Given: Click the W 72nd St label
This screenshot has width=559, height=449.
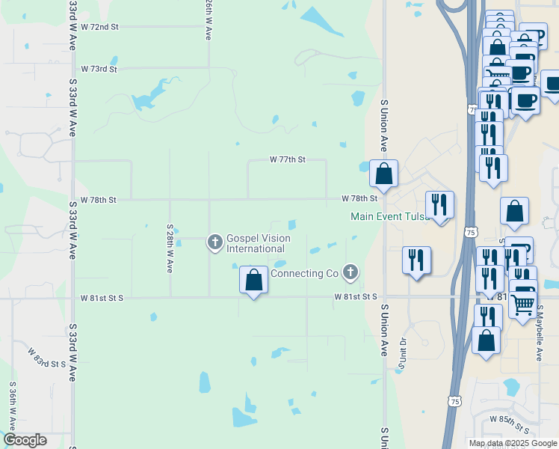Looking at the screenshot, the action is coord(99,27).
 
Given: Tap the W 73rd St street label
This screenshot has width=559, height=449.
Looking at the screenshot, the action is coord(99,69).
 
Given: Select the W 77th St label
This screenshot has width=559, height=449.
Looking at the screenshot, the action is coord(288,159).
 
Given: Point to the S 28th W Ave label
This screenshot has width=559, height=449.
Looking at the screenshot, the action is coord(170,248).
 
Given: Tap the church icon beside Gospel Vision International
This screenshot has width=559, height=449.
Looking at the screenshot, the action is coord(215,242).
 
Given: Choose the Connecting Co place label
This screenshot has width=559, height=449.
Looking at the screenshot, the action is coord(305,274).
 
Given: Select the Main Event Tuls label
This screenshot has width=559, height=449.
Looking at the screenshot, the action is coord(388,217).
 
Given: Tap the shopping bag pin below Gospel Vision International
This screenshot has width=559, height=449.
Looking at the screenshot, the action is coord(254,281).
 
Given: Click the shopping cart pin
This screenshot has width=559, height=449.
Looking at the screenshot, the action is coord(523,304).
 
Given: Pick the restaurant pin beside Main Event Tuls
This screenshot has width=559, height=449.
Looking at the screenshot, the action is coord(439,204).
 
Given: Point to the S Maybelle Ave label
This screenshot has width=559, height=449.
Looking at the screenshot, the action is coord(538,332).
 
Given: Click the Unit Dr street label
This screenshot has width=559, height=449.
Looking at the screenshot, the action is coord(402,357).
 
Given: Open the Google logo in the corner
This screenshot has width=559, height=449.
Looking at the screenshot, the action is coord(25,440).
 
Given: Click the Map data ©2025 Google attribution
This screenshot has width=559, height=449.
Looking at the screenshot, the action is coord(513,443).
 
